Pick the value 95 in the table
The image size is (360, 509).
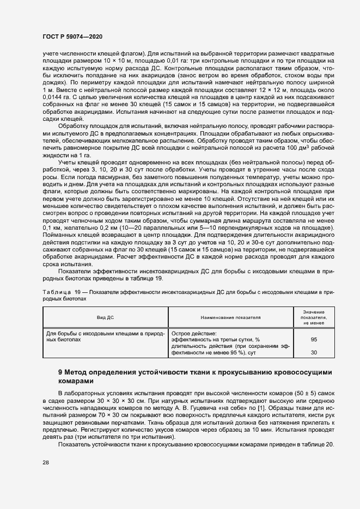pos(314,339)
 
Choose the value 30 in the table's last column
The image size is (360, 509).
pos(314,353)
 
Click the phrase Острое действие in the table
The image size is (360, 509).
pos(194,333)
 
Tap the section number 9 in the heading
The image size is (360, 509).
pos(60,372)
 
